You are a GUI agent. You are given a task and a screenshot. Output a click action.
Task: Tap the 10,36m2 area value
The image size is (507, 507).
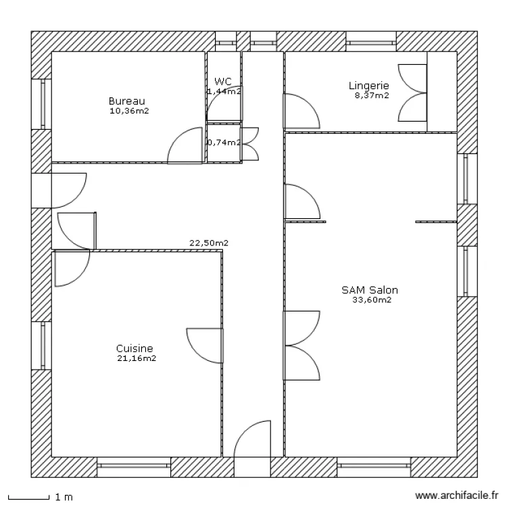point(128,110)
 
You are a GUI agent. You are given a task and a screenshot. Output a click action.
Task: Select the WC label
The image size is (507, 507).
point(223,81)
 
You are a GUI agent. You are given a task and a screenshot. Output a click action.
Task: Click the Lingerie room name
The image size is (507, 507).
point(368,85)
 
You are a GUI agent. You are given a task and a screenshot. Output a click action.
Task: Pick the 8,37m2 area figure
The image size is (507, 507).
point(372,95)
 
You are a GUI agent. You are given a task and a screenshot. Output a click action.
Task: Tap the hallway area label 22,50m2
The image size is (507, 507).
point(208,243)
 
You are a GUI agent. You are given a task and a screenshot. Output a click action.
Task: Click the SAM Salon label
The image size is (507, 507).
point(369,290)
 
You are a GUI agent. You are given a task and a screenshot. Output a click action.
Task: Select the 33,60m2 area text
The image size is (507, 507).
point(372,300)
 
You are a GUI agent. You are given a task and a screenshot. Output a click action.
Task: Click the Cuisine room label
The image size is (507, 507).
point(135,349)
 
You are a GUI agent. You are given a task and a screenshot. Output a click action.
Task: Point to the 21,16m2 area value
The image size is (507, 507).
point(137,359)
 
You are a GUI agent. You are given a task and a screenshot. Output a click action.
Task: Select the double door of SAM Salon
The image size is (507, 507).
point(301,345)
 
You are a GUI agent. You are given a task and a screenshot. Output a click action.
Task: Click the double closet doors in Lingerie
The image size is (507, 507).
point(412,93)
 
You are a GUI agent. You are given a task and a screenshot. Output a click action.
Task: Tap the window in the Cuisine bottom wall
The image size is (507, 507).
point(134,466)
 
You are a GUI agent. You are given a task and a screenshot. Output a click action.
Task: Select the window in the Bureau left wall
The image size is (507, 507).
point(42,103)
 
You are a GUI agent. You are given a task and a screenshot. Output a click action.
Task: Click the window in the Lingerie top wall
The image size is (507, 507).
point(372,41)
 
